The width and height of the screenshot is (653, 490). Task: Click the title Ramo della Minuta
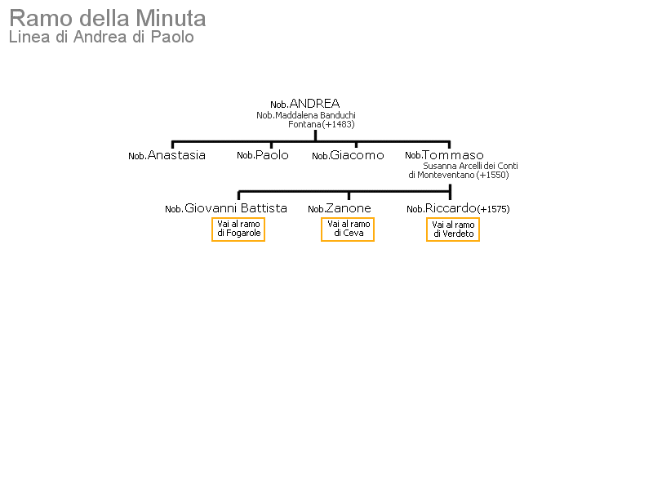(x=108, y=19)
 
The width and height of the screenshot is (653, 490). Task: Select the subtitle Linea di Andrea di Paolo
(x=101, y=37)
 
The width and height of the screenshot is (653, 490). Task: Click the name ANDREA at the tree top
(x=314, y=104)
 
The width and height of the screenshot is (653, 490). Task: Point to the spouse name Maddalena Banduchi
(x=315, y=115)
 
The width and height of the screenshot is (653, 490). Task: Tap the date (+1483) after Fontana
(x=338, y=125)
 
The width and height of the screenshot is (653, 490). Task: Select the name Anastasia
(x=176, y=155)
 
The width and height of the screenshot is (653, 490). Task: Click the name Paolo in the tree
(x=272, y=155)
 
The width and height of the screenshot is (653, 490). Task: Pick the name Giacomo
(x=357, y=155)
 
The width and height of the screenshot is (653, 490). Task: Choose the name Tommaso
(x=453, y=155)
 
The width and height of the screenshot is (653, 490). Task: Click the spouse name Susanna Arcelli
(x=452, y=166)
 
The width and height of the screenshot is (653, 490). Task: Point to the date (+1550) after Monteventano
(x=493, y=175)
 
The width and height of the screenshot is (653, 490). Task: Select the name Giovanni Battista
(x=236, y=208)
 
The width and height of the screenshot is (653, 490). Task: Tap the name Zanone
(x=349, y=208)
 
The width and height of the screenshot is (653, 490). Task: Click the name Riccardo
(x=451, y=208)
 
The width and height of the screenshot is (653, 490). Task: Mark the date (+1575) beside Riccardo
(x=494, y=209)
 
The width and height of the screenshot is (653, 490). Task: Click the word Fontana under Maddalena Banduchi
(x=304, y=125)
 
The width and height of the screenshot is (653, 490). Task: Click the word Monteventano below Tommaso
(x=446, y=175)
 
